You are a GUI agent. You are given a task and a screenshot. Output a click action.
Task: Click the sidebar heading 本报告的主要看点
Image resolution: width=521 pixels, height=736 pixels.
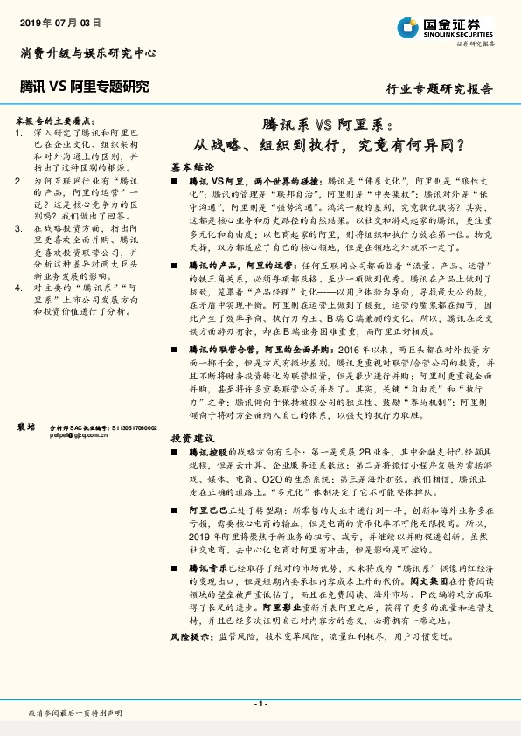click(55, 119)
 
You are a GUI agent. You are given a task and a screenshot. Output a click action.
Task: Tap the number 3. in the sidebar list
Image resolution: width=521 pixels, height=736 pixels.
click(20, 227)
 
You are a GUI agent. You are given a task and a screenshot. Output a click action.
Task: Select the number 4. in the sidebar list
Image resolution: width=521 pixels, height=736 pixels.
click(20, 285)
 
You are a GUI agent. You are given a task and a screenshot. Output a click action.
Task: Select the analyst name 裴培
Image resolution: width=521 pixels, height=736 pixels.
click(26, 426)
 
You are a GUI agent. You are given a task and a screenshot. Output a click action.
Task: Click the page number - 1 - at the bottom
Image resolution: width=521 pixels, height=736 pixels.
click(260, 704)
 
